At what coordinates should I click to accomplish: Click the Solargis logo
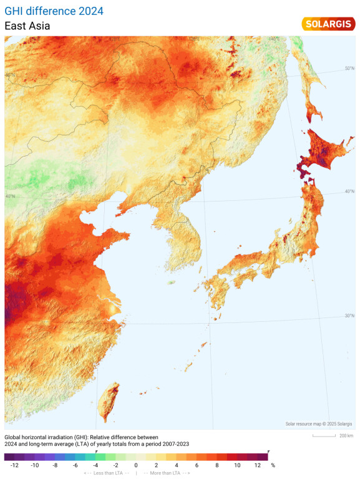[328, 24]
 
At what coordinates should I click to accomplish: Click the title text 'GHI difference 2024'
[54, 11]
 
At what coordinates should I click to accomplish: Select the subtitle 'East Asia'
[27, 26]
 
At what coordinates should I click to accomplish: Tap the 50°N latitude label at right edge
[349, 68]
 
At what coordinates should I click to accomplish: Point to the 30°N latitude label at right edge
[350, 316]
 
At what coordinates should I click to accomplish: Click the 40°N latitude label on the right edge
[350, 191]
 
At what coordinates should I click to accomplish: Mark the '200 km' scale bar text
[346, 435]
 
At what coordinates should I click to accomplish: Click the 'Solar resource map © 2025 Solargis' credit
[319, 424]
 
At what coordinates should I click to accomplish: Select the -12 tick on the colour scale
[14, 465]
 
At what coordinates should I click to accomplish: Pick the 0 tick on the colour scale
[136, 465]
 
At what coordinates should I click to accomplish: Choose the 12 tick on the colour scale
[258, 465]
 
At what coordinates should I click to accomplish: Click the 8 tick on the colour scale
[217, 465]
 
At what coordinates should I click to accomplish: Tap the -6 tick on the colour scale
[75, 465]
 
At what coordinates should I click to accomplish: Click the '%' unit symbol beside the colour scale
[273, 465]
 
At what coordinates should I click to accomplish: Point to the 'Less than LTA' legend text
[107, 473]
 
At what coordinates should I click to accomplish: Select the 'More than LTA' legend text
[167, 473]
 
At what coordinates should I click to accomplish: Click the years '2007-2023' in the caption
[170, 443]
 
